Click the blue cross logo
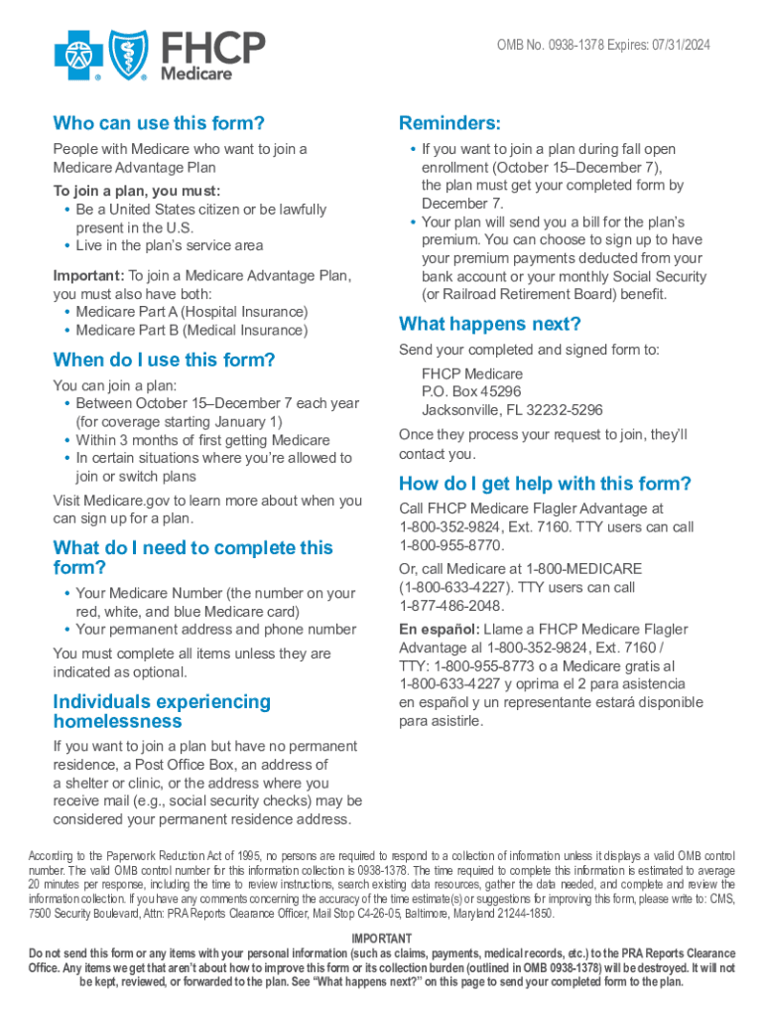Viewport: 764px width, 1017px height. (77, 54)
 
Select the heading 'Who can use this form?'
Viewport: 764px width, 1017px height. (159, 123)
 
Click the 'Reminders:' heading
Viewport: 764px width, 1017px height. (449, 123)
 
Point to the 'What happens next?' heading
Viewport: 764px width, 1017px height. (489, 324)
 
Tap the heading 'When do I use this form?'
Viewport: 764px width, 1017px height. (164, 360)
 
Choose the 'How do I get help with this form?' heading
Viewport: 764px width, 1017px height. (545, 484)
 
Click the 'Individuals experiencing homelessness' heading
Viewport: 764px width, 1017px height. (161, 711)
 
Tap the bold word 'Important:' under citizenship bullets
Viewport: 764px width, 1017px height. (88, 275)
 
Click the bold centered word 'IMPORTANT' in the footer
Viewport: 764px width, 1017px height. (382, 939)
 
